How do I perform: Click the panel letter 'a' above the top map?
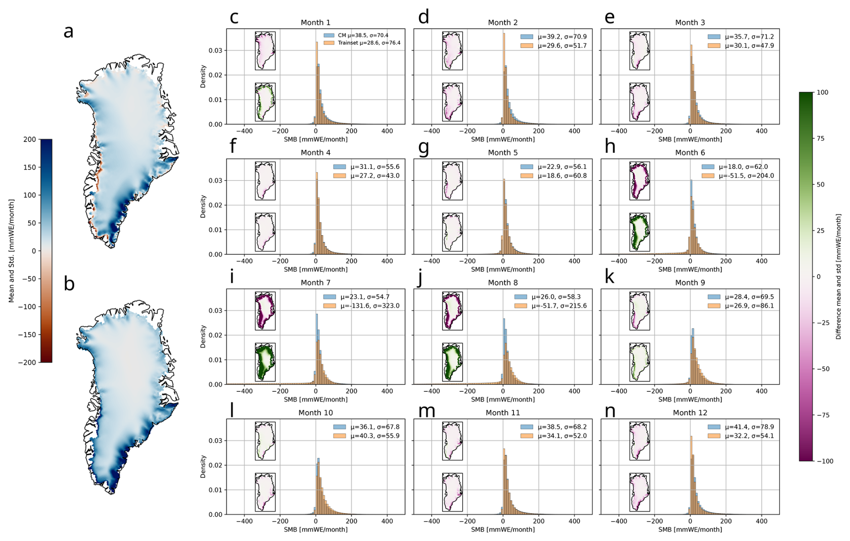[x=68, y=32]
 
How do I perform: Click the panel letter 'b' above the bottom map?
[x=69, y=284]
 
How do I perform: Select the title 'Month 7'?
[x=315, y=283]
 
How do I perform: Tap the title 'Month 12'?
[x=690, y=412]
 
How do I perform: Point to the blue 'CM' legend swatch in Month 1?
[x=329, y=35]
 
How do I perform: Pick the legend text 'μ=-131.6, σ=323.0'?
[x=370, y=306]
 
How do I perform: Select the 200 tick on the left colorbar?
[x=30, y=139]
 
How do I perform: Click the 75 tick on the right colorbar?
[x=821, y=138]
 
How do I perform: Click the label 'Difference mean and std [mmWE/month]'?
[x=838, y=276]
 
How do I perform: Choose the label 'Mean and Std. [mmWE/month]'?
[x=12, y=251]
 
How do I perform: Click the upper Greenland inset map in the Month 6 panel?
[x=639, y=181]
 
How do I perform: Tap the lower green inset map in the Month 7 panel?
[x=265, y=362]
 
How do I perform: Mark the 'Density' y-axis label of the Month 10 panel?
[x=203, y=466]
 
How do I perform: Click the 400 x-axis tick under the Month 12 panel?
[x=761, y=521]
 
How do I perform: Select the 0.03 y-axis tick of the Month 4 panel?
[x=215, y=181]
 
